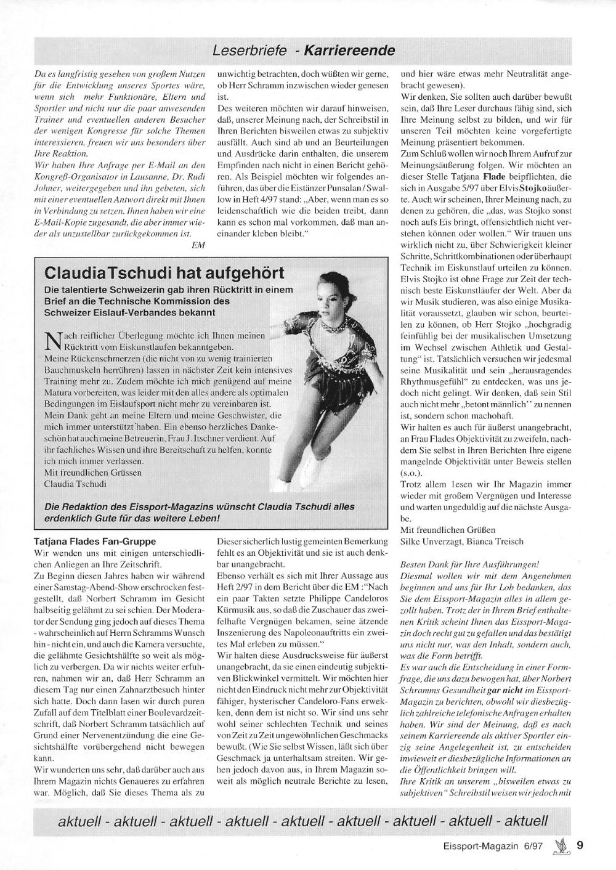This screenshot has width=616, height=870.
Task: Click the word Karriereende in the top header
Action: pos(349,50)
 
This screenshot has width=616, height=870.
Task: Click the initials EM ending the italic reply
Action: pos(198,245)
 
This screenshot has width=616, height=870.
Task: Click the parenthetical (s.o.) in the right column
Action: pos(411,474)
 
